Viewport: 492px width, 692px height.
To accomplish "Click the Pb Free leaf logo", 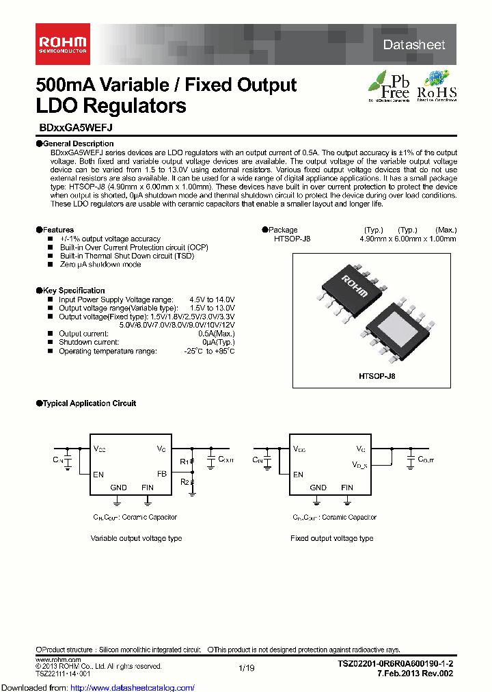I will coord(389,85).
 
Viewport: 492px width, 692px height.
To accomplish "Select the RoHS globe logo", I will coord(437,85).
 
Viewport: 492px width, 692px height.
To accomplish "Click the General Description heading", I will coord(69,144).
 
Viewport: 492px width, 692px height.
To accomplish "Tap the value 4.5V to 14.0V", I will coord(212,300).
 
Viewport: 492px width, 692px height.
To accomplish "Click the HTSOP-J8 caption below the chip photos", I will coord(377,376).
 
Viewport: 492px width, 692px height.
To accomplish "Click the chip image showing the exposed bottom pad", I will coord(397,326).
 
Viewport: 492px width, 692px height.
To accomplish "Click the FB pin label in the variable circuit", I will coord(161,474).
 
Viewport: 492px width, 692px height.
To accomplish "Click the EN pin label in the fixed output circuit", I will coord(298,474).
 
